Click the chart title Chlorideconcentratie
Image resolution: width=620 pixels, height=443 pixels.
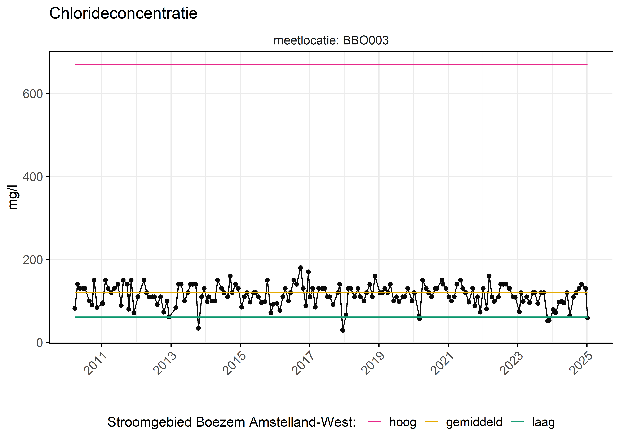(x=123, y=13)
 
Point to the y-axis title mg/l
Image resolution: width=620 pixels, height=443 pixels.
(x=13, y=197)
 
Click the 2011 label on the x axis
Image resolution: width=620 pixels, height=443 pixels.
(x=95, y=364)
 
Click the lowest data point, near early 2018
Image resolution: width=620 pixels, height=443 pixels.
(x=342, y=330)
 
